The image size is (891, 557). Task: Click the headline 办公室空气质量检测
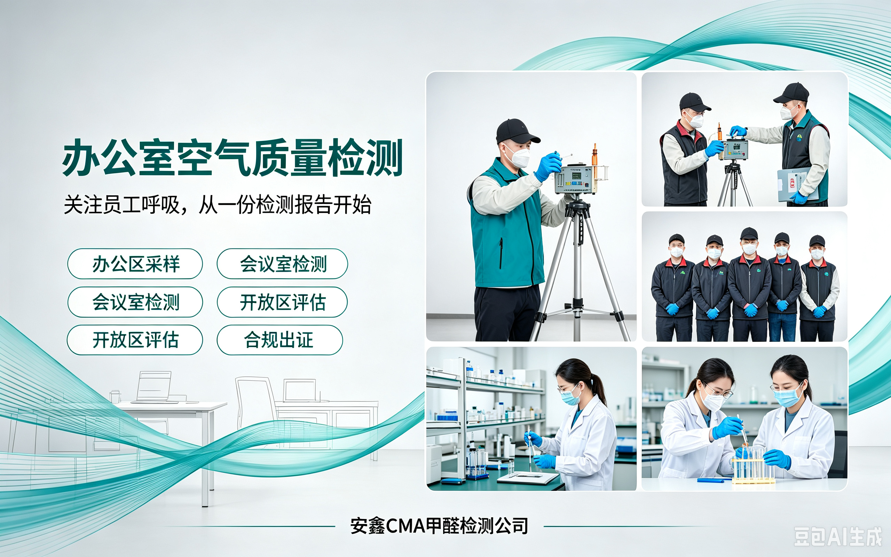tap(232, 158)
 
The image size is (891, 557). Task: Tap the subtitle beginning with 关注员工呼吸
tap(218, 204)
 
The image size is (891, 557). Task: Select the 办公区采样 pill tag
tap(135, 264)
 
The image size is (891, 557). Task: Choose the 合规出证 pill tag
tap(280, 340)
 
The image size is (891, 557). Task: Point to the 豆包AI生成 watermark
tap(838, 536)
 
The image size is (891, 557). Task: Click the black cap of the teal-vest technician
tap(517, 131)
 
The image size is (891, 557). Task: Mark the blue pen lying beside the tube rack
tap(714, 480)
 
